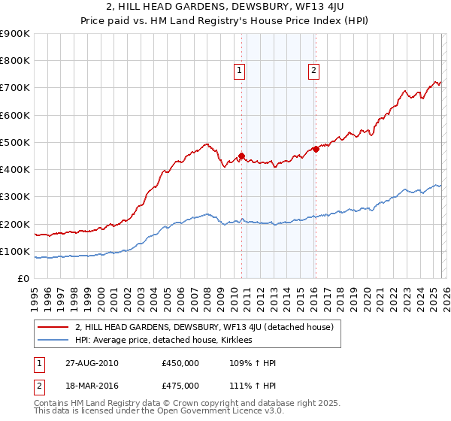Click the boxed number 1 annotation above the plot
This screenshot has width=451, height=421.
point(239,71)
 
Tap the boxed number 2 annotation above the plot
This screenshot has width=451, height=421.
point(313,71)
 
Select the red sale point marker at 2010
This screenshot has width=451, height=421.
point(241,156)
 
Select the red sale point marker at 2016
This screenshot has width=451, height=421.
point(316,149)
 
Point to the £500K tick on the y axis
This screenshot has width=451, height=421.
point(15,142)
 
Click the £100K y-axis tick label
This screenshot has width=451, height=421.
point(15,251)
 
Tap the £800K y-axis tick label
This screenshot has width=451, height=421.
point(15,61)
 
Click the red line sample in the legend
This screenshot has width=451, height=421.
point(53,327)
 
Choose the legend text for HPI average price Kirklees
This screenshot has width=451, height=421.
point(164,340)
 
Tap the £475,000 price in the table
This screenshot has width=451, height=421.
point(180,386)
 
